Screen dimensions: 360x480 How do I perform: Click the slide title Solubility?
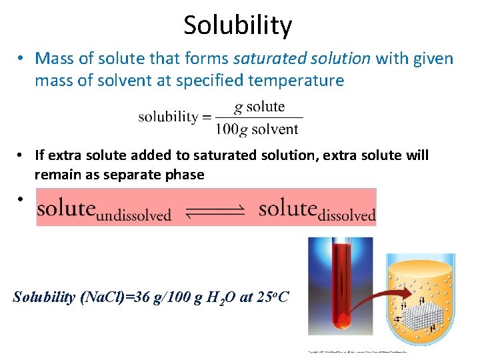(x=238, y=25)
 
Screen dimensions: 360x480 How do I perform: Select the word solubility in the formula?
(x=169, y=117)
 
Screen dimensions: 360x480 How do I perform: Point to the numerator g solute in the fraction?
(x=259, y=107)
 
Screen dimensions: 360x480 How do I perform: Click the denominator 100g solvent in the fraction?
(x=257, y=129)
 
